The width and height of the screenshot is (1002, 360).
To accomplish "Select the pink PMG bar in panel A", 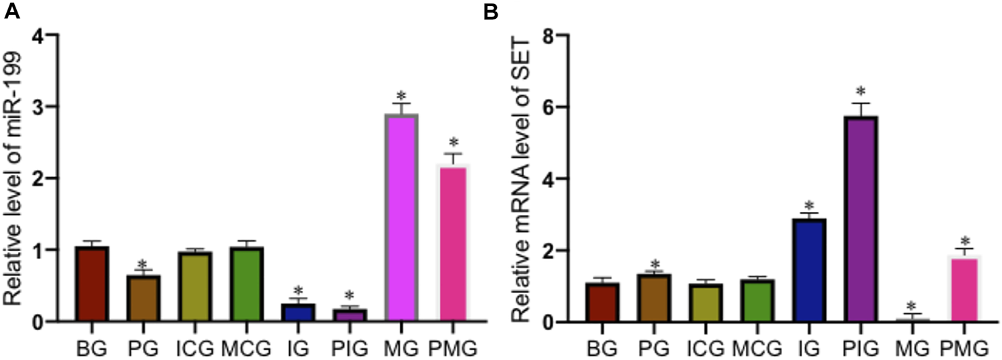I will tap(453, 244).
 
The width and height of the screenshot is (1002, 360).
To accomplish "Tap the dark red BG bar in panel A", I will tap(92, 284).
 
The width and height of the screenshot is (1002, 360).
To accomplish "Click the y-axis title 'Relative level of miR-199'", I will tap(15, 179).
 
